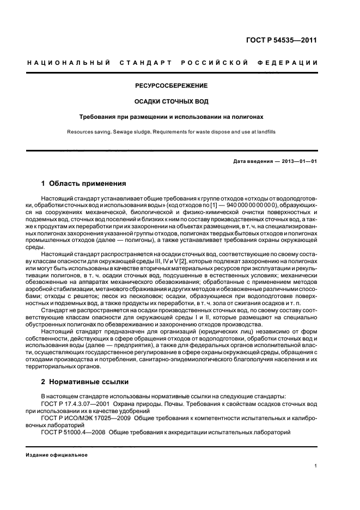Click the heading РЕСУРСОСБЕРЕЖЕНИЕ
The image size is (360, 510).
[172, 86]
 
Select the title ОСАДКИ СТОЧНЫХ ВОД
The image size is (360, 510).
[172, 101]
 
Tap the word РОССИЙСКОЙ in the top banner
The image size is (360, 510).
[211, 63]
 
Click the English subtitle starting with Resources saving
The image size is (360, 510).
[172, 131]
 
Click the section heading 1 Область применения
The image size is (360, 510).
[83, 184]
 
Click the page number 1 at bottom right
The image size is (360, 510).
[316, 466]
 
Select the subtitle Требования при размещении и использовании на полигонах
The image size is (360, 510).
[172, 117]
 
